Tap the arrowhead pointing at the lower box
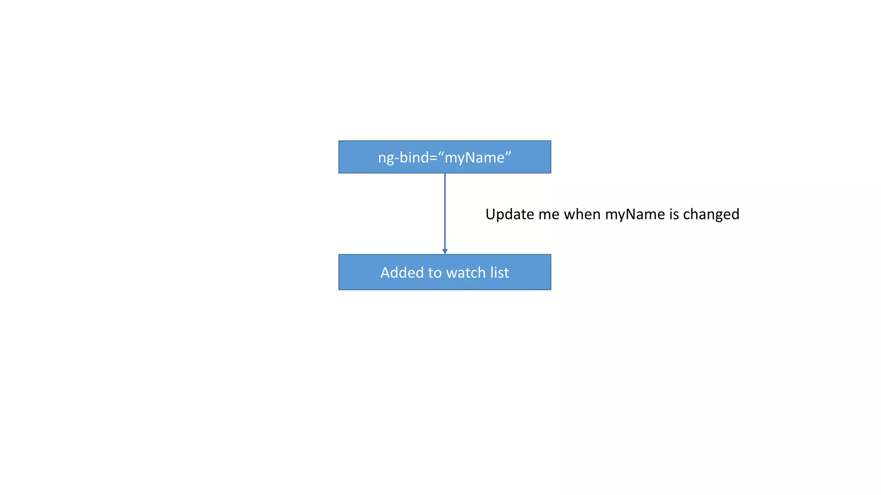point(445,251)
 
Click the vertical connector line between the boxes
point(445,211)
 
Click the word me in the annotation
point(549,214)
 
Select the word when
point(582,214)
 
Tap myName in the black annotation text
point(635,214)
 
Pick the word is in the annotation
point(674,214)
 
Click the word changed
point(711,214)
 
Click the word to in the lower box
point(435,272)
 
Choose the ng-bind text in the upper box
point(404,158)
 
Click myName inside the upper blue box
point(474,158)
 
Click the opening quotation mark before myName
point(441,153)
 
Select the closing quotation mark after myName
point(508,153)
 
